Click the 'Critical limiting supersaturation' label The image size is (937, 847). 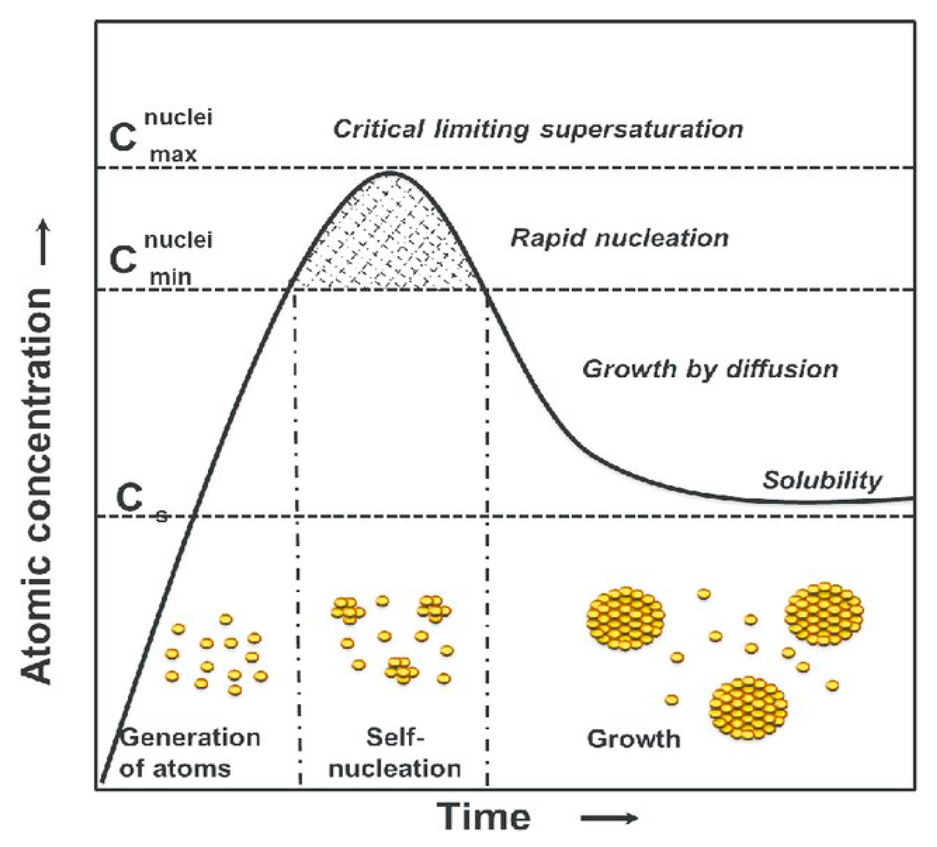(538, 129)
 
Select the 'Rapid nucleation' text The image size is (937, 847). (619, 238)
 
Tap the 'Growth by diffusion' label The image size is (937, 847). (710, 369)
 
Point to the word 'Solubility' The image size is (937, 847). (822, 480)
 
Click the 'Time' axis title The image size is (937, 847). (485, 817)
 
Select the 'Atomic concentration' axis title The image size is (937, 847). (38, 485)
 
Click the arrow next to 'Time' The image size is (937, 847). (610, 818)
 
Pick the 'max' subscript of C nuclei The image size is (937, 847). (173, 154)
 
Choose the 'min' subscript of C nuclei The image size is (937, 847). (171, 276)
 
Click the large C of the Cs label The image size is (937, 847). (129, 498)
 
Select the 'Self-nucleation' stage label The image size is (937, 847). (395, 753)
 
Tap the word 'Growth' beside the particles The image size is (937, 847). (634, 739)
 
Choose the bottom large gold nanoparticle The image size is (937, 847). (748, 708)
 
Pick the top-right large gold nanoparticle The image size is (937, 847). (824, 614)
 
